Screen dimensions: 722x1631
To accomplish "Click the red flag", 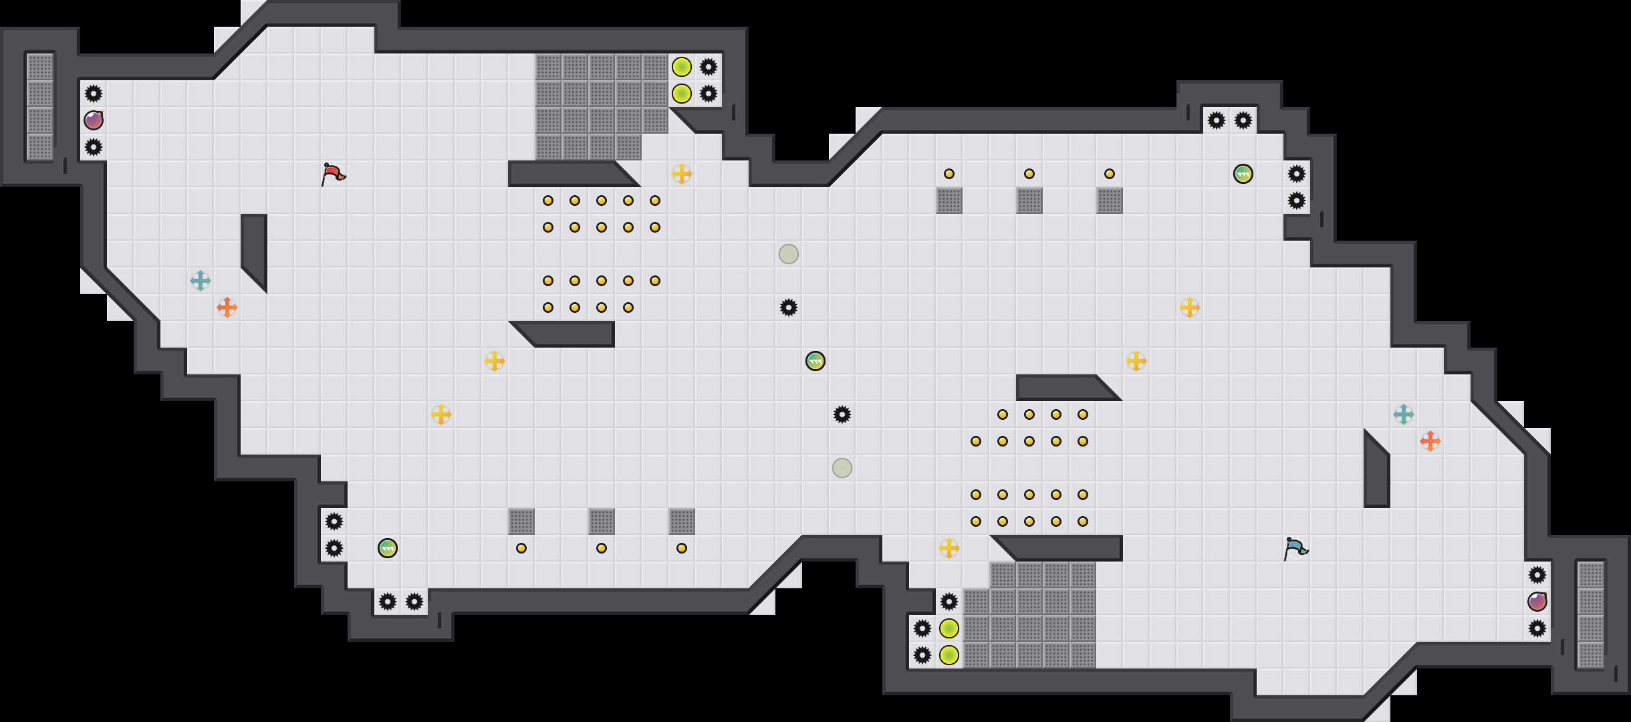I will click(x=333, y=174).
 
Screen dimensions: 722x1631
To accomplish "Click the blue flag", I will click(x=1295, y=548).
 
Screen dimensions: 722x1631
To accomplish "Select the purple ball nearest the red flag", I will click(x=94, y=120).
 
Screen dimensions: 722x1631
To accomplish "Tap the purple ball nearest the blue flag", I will click(x=1537, y=602).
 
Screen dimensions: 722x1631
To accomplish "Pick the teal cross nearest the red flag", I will click(x=201, y=281).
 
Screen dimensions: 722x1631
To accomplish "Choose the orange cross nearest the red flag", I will click(x=227, y=308).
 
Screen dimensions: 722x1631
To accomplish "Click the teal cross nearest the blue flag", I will click(x=1404, y=414).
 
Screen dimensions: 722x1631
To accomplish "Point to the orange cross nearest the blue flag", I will click(x=1430, y=441).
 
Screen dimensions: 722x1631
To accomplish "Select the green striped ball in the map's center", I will click(x=815, y=361).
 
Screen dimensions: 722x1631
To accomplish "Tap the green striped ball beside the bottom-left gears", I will click(x=388, y=548).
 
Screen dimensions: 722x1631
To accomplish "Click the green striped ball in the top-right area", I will click(x=1243, y=174).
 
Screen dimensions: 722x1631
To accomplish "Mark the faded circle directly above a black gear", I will click(x=789, y=254).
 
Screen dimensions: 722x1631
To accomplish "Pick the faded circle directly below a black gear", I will click(x=842, y=468).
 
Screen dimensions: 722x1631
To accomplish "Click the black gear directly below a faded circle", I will click(x=789, y=308).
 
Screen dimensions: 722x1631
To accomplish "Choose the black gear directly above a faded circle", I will click(x=842, y=414).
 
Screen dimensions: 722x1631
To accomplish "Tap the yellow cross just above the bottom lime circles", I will click(x=949, y=548).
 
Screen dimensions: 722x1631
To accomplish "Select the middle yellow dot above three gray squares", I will click(x=1029, y=174).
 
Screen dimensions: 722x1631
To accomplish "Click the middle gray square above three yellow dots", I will click(x=602, y=521).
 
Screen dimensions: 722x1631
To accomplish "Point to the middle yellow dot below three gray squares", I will click(x=602, y=548).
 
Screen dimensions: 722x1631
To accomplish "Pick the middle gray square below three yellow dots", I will click(x=1029, y=201).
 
